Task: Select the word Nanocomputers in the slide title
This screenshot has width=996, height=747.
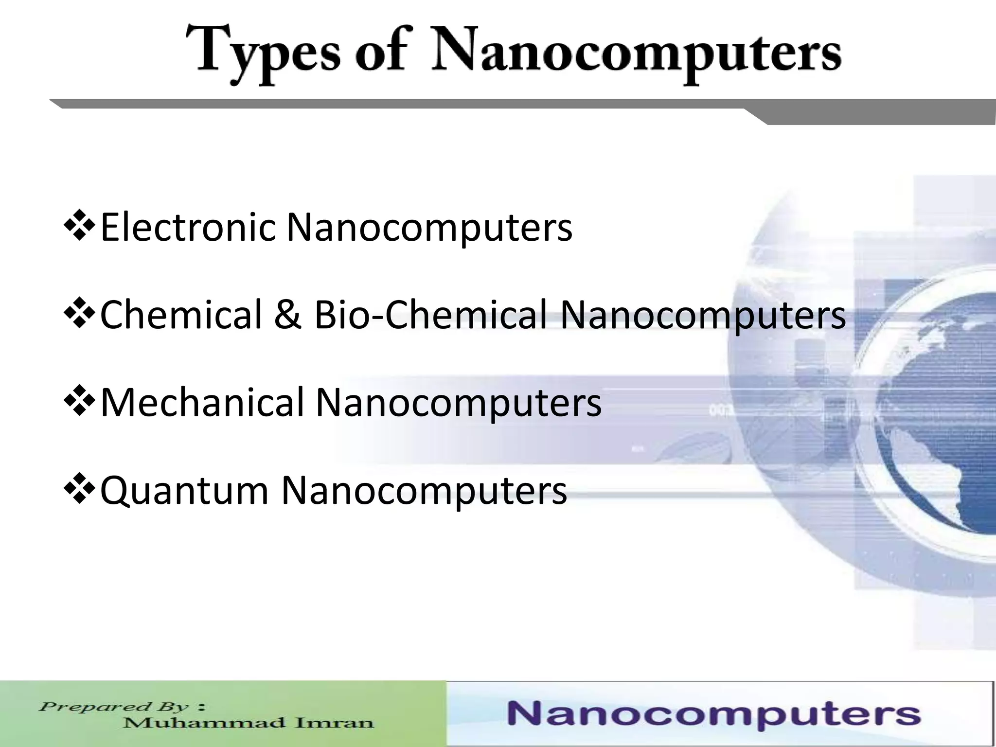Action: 637,56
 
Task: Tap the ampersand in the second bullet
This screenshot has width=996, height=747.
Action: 288,315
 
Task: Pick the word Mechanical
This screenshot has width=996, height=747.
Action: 202,402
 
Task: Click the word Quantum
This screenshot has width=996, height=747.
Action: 184,490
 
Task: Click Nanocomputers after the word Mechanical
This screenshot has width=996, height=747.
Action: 459,402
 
